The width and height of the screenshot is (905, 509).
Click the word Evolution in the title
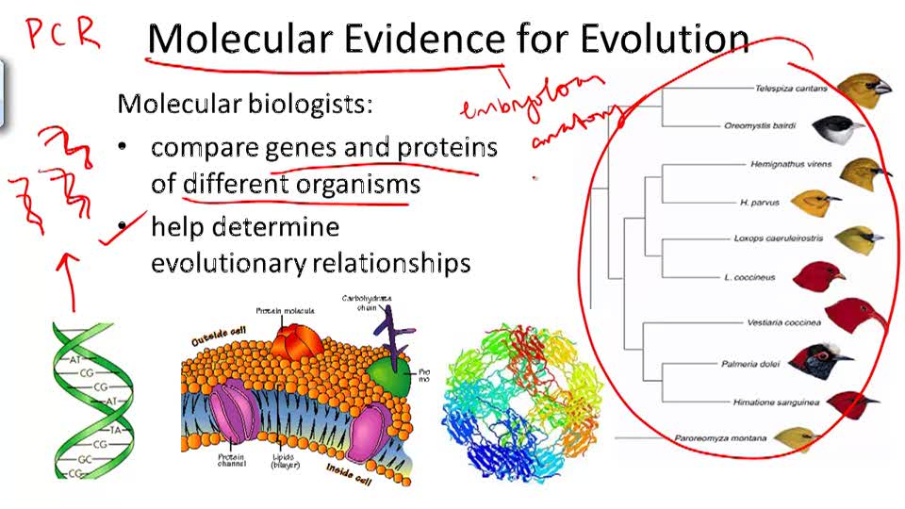point(665,38)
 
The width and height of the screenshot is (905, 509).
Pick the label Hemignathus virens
point(790,164)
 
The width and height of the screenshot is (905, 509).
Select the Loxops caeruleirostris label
point(778,238)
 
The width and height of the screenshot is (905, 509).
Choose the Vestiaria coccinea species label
point(784,322)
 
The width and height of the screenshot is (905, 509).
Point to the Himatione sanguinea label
point(776,402)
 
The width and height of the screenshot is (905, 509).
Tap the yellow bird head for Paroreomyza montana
point(798,438)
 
